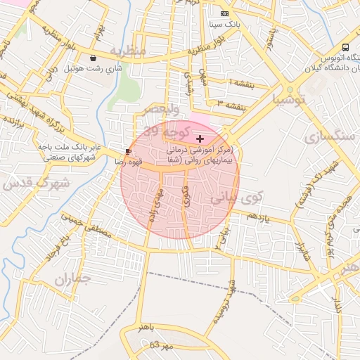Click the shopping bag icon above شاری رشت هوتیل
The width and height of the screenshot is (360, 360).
tap(94, 58)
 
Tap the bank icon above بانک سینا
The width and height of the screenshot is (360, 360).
tap(224, 13)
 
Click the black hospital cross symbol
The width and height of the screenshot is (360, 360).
tap(200, 139)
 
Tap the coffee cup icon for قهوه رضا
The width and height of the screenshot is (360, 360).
tap(127, 151)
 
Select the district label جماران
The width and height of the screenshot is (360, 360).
tap(73, 280)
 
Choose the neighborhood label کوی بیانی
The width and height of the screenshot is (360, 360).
tap(228, 198)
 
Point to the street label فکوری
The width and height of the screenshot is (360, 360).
tap(185, 195)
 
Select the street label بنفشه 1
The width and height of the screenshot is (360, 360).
tap(241, 84)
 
